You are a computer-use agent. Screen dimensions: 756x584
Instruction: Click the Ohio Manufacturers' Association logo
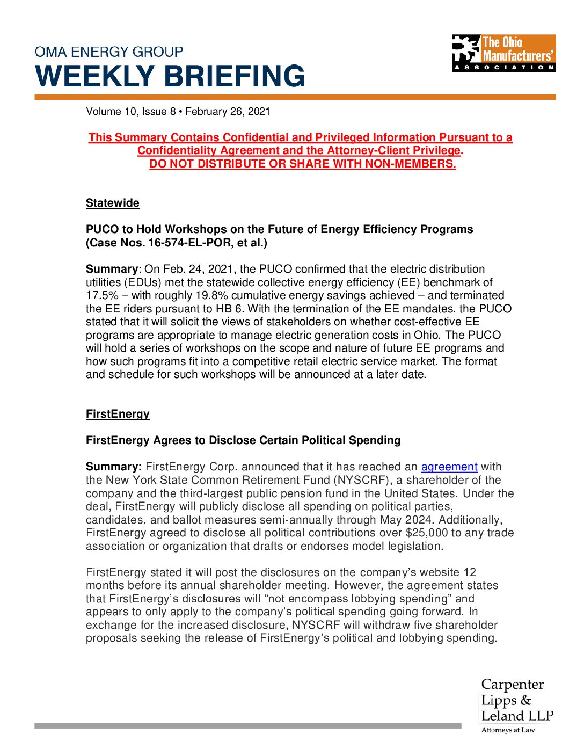pos(503,53)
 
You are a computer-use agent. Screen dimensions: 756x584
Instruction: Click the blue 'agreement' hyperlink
pos(449,467)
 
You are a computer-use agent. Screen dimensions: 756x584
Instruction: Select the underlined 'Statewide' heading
pos(112,203)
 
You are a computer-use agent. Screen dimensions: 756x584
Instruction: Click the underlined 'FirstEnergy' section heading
pos(118,414)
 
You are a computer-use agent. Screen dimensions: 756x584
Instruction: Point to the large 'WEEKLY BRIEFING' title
pos(170,76)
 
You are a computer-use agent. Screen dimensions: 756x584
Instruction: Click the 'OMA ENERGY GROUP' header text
pos(109,52)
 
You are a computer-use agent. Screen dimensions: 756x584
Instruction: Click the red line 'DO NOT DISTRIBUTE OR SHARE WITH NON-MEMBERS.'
pos(302,164)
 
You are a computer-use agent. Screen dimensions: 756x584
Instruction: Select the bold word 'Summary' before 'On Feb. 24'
pos(112,269)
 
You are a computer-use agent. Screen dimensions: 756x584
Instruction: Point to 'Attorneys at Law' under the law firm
pos(508,730)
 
